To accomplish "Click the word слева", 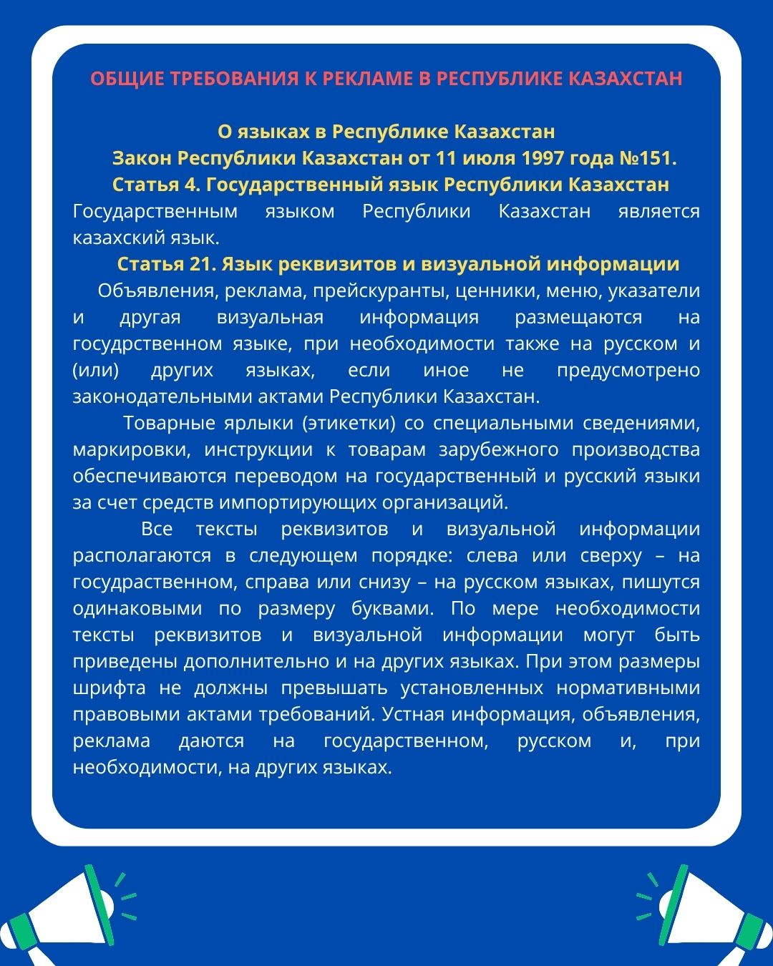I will [492, 555].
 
